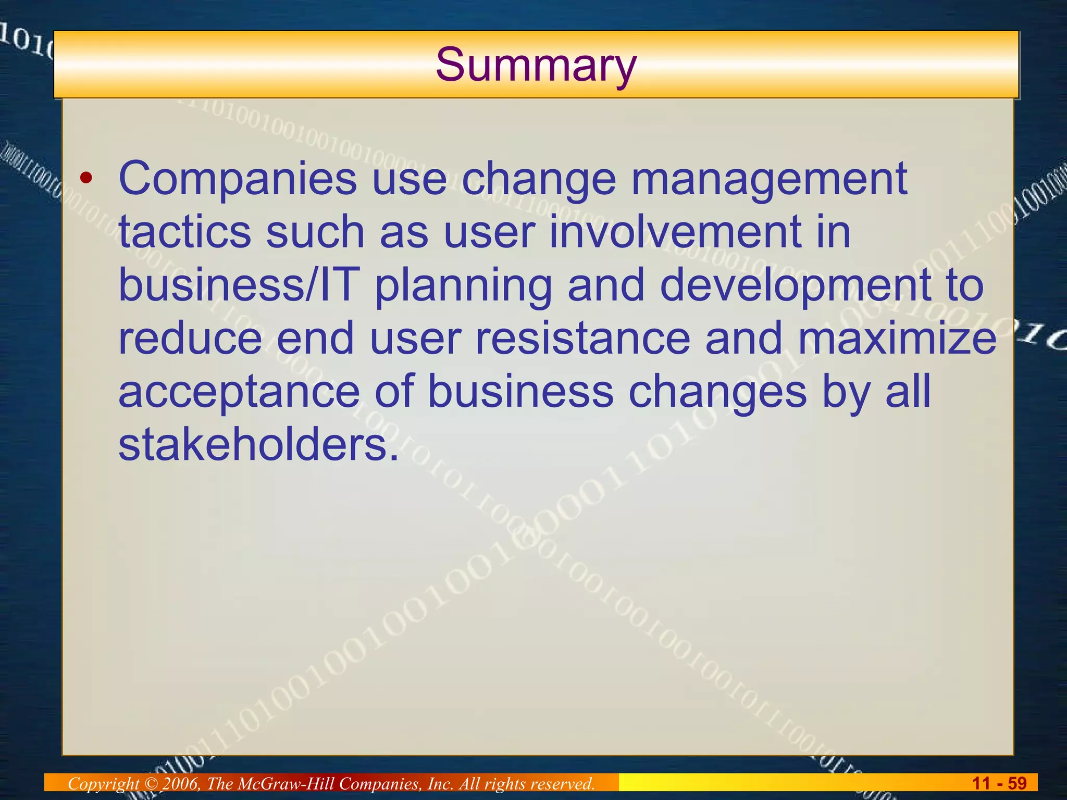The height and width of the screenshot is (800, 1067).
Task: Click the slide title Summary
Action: [536, 65]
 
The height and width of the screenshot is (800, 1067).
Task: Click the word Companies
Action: [238, 179]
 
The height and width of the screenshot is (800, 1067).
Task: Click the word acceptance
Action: [239, 394]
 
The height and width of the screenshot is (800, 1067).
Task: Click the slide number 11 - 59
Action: [999, 783]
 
